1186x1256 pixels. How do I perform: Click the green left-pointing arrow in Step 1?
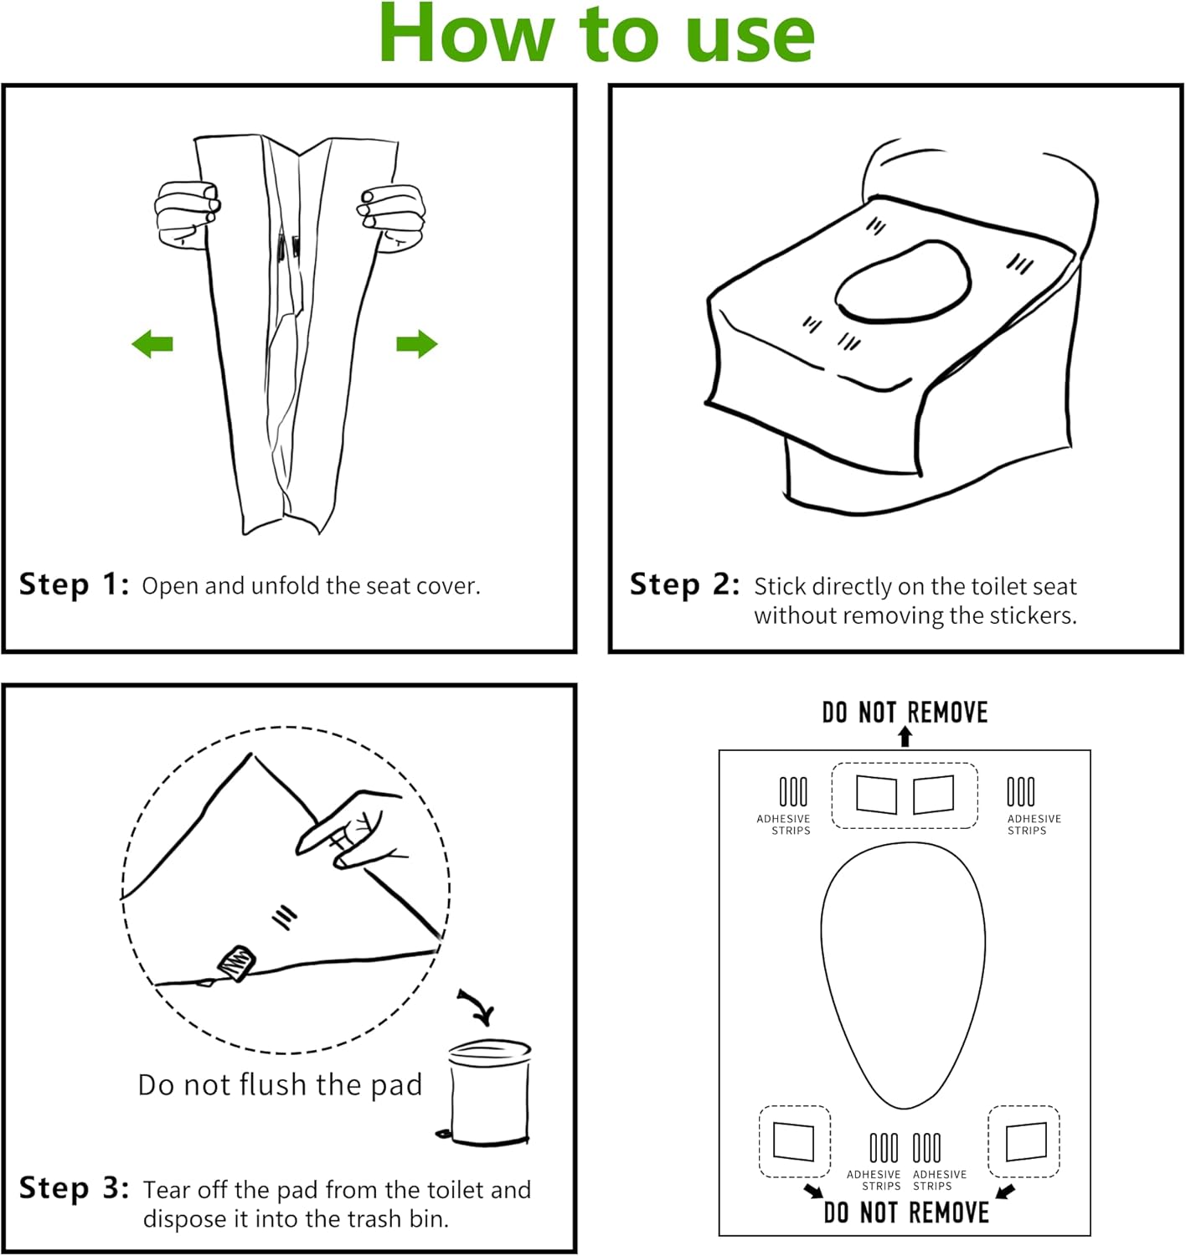(152, 343)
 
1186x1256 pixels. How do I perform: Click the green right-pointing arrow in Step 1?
(417, 343)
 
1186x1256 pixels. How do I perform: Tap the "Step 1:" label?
(74, 584)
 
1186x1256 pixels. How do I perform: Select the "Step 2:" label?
(684, 584)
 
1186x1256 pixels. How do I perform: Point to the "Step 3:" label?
(74, 1188)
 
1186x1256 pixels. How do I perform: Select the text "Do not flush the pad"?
(280, 1084)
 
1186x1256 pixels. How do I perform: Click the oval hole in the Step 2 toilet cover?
(903, 283)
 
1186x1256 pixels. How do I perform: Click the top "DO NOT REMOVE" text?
(905, 713)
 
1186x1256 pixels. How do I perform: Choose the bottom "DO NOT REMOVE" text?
(906, 1212)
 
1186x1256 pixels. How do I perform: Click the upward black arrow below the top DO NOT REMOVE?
(905, 736)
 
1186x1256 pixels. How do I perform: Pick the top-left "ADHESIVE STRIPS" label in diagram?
(784, 824)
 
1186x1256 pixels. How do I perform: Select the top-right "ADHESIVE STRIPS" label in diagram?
(1034, 824)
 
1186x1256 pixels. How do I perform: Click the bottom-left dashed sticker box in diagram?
(794, 1141)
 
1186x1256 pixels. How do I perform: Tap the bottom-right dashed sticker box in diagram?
(1024, 1141)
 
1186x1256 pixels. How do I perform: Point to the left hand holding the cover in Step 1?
(186, 214)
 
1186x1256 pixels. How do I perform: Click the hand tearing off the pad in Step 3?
(356, 829)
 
